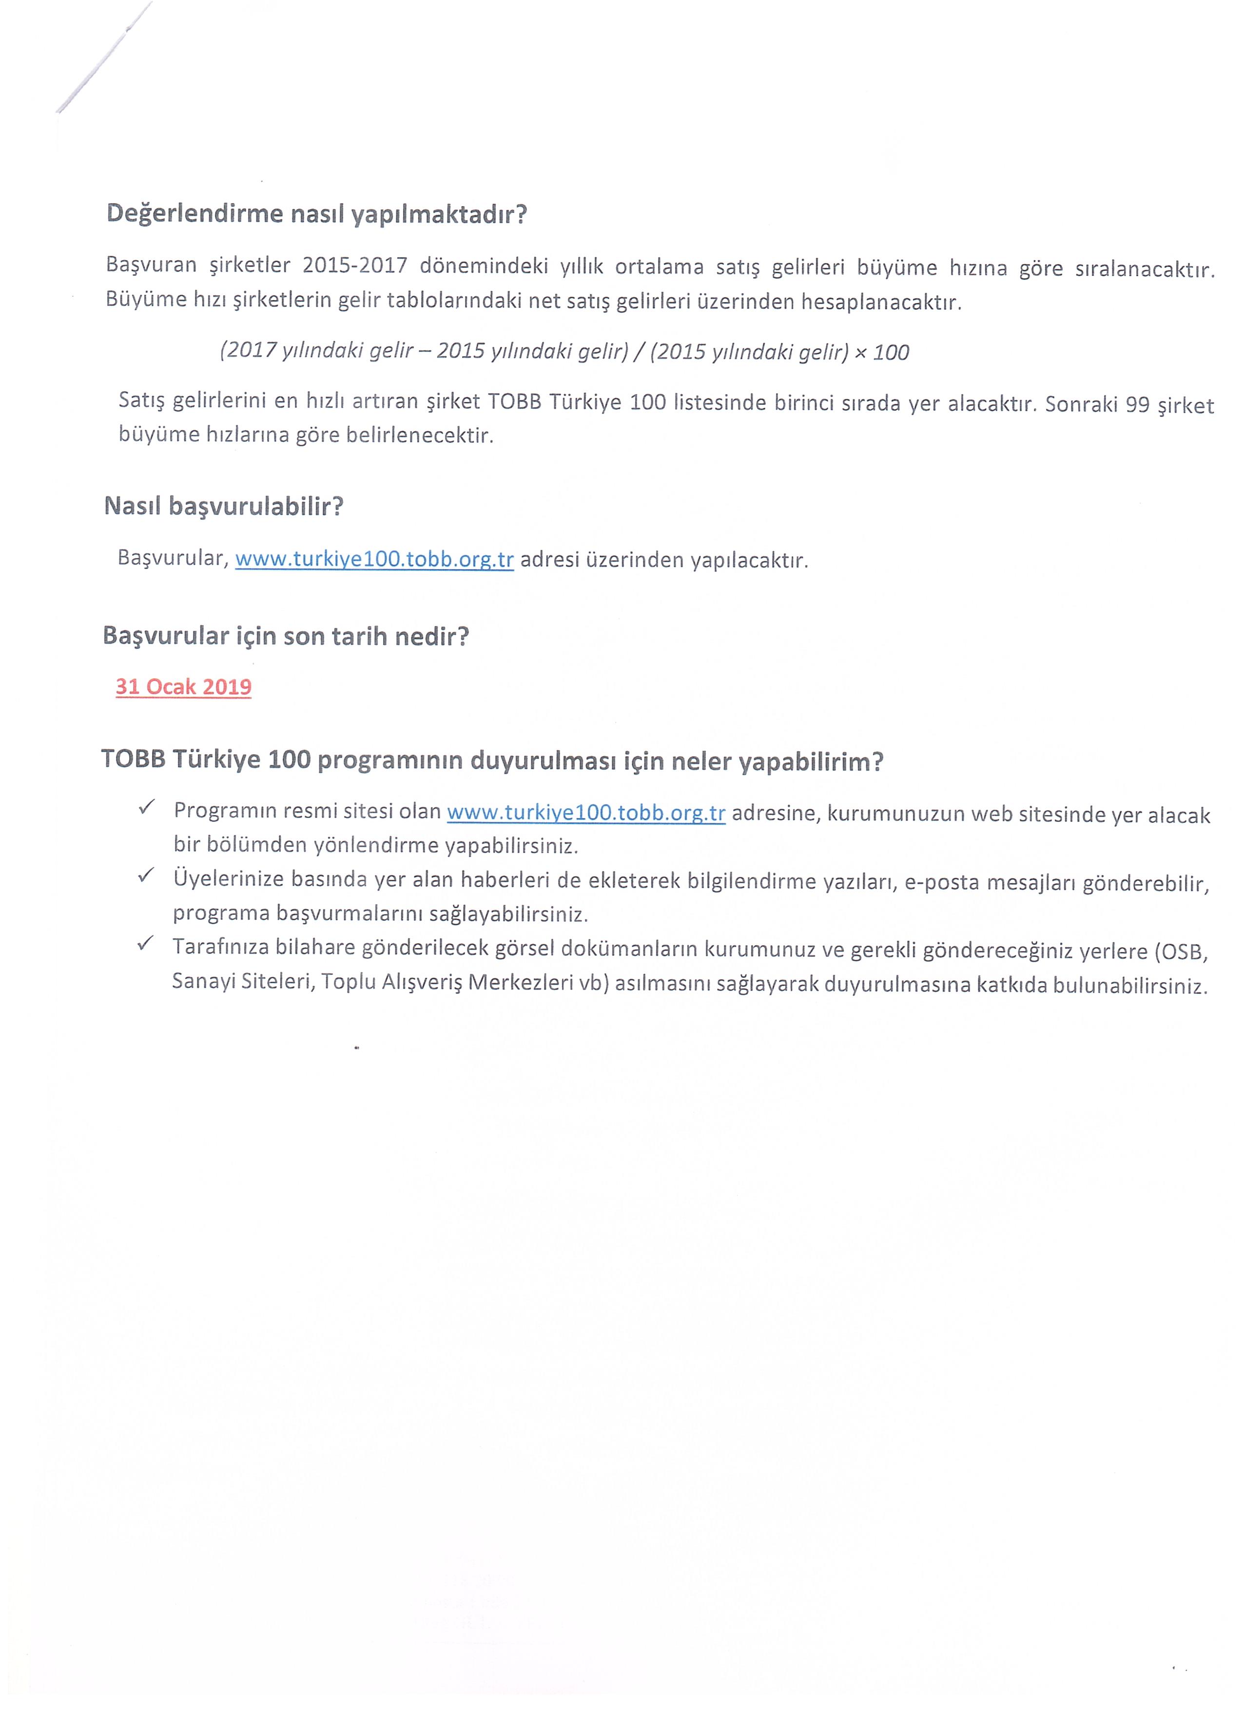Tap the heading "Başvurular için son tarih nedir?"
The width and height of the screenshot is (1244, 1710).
(x=286, y=636)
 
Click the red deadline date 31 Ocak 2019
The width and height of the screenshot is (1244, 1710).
(x=183, y=687)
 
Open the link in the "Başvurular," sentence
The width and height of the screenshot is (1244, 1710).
(x=374, y=559)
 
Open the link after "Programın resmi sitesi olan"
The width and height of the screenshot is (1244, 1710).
(x=586, y=813)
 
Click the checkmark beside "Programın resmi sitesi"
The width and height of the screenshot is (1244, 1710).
(x=146, y=808)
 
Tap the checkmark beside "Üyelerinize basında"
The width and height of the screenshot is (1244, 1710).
(x=146, y=875)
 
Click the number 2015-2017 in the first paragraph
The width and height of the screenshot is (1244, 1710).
(x=354, y=266)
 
